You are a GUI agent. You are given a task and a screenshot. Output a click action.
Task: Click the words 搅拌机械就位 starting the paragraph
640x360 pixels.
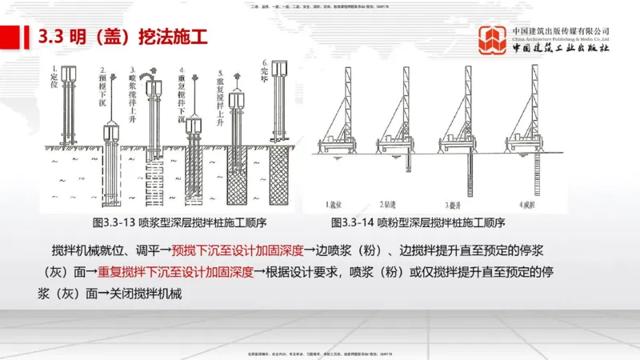point(88,250)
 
